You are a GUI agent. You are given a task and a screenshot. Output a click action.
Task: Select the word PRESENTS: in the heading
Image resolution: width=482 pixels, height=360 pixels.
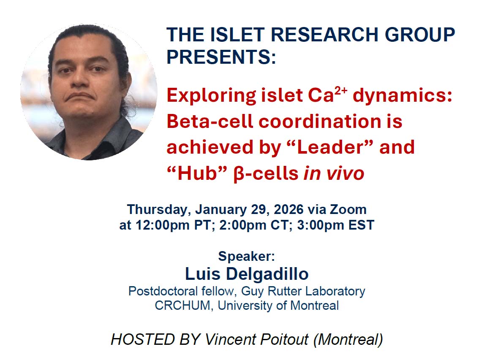221,57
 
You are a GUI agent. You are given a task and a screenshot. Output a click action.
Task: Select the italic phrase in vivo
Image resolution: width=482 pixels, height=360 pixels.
334,173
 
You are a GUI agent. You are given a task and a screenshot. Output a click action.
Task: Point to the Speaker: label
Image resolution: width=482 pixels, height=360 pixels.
247,256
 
